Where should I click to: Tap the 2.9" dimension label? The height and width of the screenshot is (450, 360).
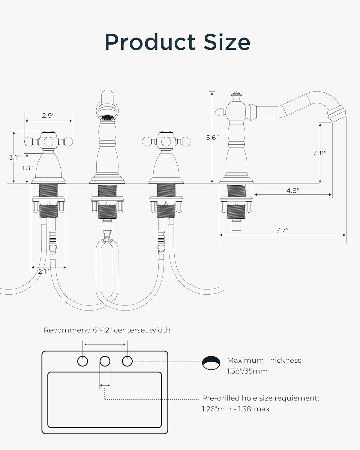[48, 115]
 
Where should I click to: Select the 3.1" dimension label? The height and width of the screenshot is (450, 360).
[14, 157]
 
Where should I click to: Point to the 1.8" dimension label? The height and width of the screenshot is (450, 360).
[27, 168]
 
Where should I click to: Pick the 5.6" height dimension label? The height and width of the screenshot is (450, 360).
[212, 138]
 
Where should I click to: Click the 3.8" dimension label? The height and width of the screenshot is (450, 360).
[320, 153]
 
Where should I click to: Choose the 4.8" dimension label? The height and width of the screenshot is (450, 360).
[293, 190]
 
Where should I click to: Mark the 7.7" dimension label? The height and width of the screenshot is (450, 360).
[282, 230]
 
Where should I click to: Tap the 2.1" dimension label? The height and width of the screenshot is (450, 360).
[43, 271]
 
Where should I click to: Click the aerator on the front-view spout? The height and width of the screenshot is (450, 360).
[107, 118]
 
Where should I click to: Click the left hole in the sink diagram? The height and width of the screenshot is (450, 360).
[82, 361]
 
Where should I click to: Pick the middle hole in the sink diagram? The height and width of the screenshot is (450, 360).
[105, 361]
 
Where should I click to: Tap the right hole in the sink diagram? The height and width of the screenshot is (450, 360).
[127, 361]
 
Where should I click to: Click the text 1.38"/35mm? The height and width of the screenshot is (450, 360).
[247, 371]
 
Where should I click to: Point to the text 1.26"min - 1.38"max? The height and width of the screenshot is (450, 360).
[235, 409]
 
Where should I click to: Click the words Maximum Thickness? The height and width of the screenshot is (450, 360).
[264, 360]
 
